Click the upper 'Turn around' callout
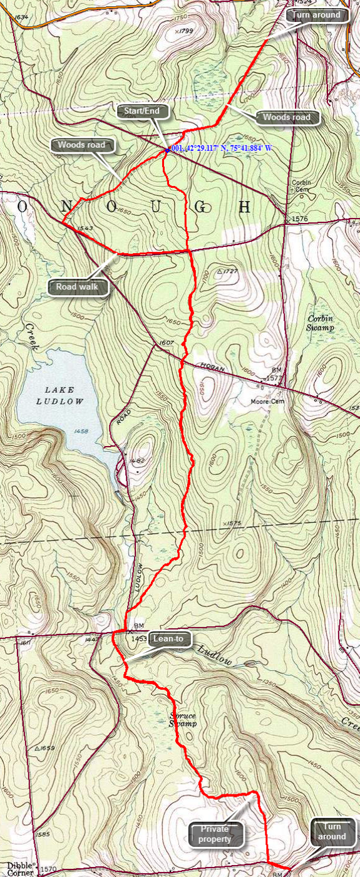tap(319, 15)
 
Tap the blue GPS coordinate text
tap(221, 148)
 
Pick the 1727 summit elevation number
tap(232, 272)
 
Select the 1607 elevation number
tap(165, 343)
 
